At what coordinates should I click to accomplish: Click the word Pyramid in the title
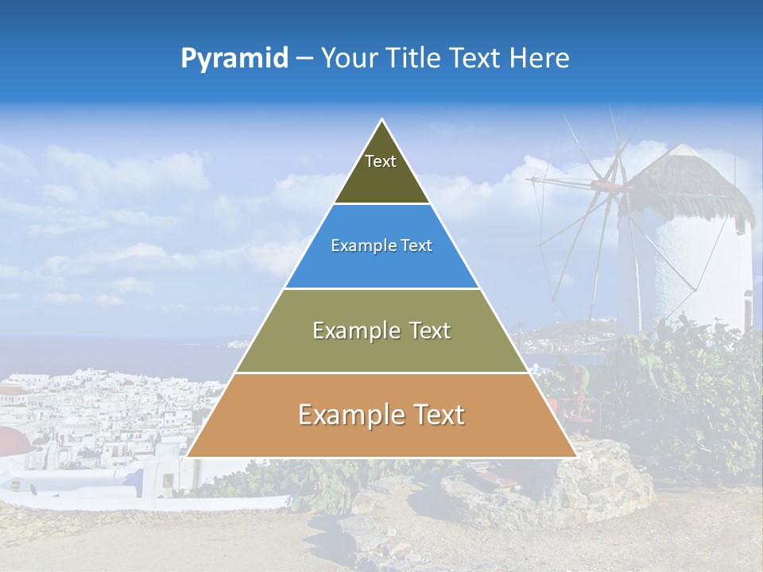(234, 59)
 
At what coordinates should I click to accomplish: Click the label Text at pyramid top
(381, 161)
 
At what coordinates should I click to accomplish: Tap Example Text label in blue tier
(381, 245)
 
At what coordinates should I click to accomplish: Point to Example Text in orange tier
(381, 415)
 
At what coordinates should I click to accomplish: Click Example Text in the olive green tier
(381, 330)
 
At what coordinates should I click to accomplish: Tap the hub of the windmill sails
(620, 188)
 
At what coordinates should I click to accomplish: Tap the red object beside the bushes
(580, 409)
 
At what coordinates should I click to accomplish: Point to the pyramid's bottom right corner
(575, 456)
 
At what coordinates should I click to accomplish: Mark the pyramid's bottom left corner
(188, 456)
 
